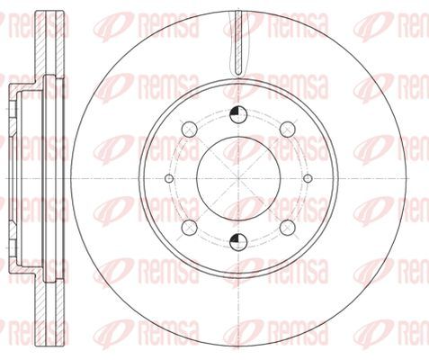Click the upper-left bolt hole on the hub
190,130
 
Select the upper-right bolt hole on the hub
288,130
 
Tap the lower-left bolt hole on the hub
190,228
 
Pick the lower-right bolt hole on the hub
288,228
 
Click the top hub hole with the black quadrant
238,114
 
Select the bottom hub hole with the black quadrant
238,242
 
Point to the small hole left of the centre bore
169,178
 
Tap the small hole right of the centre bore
308,178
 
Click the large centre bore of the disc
238,178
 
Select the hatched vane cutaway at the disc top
238,42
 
